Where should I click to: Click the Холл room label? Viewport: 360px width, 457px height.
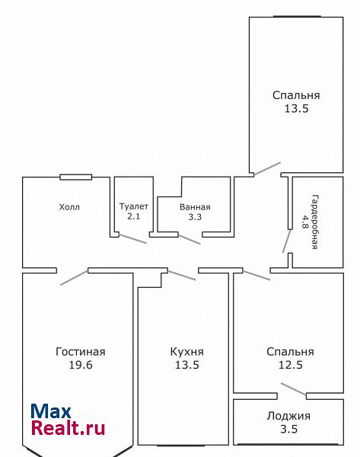coord(69,207)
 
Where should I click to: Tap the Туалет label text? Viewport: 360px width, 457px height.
coord(134,206)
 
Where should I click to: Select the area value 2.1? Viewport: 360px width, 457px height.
coord(134,216)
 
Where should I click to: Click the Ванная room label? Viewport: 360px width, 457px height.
coord(195,207)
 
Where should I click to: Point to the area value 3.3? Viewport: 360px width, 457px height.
coord(195,217)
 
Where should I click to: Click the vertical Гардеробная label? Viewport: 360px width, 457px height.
coord(314,222)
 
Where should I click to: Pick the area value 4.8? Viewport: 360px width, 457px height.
coord(305,222)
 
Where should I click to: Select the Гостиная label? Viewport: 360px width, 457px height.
coord(81,352)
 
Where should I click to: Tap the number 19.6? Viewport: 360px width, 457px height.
coord(81,365)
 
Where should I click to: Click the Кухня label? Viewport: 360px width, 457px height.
coord(187,352)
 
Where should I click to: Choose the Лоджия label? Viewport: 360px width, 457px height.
coord(288,416)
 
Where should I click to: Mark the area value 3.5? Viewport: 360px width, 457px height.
coord(289,429)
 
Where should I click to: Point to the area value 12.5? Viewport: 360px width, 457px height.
coord(291,365)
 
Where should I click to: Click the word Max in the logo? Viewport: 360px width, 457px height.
coord(51,411)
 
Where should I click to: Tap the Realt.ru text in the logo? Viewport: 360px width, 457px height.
coord(68,428)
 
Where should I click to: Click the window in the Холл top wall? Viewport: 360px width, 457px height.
coord(75,177)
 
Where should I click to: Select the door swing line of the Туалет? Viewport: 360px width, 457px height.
coord(132,238)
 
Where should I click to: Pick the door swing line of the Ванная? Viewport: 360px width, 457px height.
coord(190,239)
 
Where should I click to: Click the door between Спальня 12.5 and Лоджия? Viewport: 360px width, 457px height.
coord(294,389)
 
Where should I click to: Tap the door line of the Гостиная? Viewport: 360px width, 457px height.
coord(74,278)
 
